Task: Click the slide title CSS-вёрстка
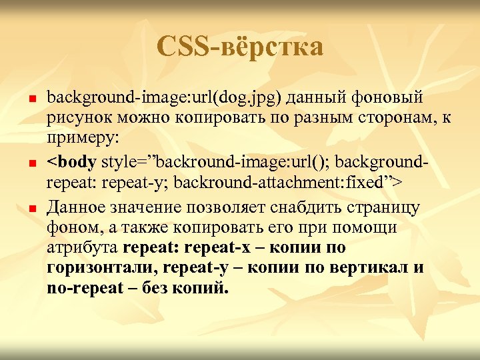coord(240,47)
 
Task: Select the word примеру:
coord(83,141)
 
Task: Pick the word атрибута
coord(83,249)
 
